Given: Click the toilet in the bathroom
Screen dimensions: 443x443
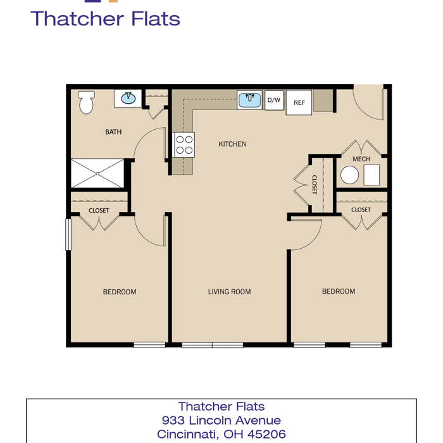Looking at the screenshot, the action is tap(86, 102).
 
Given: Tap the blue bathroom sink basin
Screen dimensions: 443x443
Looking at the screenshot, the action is tap(128, 98).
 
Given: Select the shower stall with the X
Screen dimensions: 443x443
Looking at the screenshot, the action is tap(97, 173).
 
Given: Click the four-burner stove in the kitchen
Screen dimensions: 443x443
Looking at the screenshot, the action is tap(184, 145).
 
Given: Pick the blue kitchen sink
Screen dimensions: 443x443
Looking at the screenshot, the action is tap(249, 100).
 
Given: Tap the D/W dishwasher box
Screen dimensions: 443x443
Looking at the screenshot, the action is tap(274, 100).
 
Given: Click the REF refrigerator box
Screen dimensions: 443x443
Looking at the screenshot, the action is tap(299, 103).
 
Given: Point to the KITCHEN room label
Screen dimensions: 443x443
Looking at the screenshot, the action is tap(232, 144).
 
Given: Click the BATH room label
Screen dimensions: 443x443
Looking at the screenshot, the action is tap(113, 132).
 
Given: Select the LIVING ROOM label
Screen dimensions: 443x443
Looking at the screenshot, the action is tap(229, 292).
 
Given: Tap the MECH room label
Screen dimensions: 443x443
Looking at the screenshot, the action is tap(361, 159).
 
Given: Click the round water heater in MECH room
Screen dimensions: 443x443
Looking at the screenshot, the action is tap(349, 175).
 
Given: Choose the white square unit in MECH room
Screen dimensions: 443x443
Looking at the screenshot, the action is tap(371, 175).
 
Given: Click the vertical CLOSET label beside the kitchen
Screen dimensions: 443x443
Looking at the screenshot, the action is tap(314, 185).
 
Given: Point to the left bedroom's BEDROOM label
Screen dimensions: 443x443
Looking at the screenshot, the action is tap(120, 292).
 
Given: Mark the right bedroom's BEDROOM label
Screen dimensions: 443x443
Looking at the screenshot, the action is tap(339, 291).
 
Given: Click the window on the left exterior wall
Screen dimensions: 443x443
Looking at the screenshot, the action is tap(68, 234).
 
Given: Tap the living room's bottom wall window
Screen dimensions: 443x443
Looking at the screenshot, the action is tap(213, 345).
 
